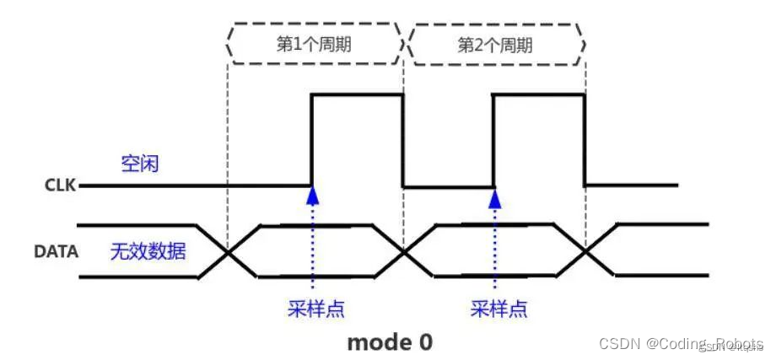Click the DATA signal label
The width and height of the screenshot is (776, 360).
(x=57, y=250)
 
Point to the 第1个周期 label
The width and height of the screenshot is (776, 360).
(x=315, y=44)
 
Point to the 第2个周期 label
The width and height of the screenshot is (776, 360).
(x=495, y=44)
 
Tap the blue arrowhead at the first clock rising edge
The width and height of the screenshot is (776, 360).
(x=313, y=195)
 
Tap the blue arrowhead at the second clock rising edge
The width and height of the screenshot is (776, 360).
(x=495, y=196)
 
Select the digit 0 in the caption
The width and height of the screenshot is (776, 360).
(x=425, y=341)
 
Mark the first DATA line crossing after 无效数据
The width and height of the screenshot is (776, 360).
(x=227, y=251)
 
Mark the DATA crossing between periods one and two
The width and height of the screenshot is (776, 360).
(x=404, y=251)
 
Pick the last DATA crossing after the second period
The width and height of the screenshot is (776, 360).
(x=585, y=251)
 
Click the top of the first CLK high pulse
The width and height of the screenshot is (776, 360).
(x=358, y=95)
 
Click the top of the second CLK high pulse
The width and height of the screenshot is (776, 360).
(x=539, y=95)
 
